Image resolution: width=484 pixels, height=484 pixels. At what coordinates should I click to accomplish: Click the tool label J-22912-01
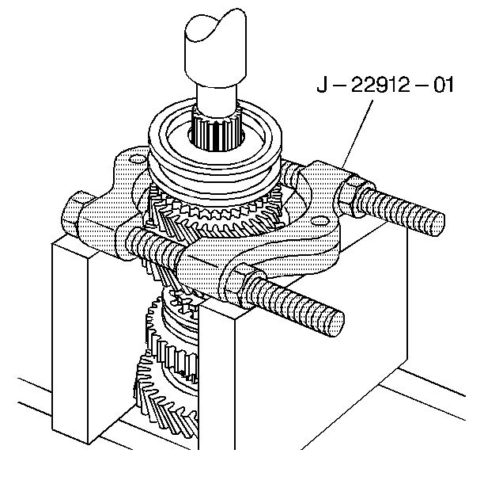tap(385, 85)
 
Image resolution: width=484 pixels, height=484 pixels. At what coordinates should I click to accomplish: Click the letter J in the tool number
tap(322, 85)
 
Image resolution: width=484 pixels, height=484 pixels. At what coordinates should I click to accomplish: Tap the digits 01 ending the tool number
tap(444, 85)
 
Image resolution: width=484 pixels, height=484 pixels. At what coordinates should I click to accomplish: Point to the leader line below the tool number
tap(357, 134)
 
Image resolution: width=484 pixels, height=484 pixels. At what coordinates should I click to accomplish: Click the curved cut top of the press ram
tap(215, 25)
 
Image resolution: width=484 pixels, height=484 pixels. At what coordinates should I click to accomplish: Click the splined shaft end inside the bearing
tap(216, 133)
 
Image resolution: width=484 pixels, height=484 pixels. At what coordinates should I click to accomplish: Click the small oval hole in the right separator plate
tap(320, 221)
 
